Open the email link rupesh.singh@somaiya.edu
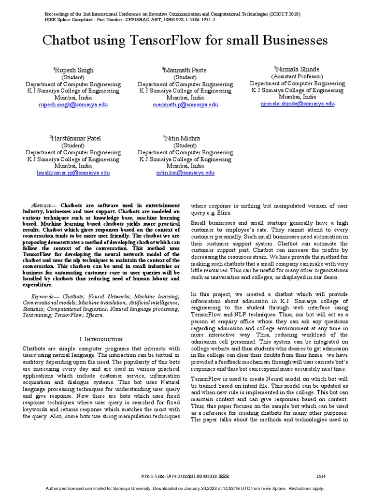point(73,104)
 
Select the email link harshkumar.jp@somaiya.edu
point(73,173)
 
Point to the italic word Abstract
point(41,205)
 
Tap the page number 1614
point(320,476)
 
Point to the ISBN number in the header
point(187,20)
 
